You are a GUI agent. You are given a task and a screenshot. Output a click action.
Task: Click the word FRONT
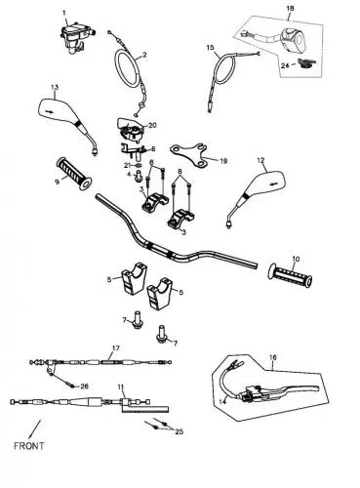[x=28, y=446]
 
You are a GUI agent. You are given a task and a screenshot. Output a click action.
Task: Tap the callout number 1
[x=64, y=13]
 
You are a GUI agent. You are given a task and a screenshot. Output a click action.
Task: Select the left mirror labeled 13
[x=67, y=124]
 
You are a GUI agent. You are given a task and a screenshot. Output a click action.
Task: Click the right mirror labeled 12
[x=256, y=194]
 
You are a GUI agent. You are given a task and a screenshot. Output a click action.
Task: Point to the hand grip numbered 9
[x=74, y=174]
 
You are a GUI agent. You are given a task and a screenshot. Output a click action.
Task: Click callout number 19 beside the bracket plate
[x=223, y=161]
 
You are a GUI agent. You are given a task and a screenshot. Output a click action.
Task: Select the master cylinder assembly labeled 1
[x=76, y=37]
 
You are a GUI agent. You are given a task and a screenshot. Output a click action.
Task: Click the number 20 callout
[x=152, y=125]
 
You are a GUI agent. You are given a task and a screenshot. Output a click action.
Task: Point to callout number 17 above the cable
[x=116, y=348]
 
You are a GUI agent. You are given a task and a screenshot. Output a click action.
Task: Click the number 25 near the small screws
[x=179, y=431]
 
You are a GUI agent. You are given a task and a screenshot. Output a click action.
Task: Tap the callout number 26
[x=84, y=386]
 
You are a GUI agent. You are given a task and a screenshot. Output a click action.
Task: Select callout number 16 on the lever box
[x=273, y=357]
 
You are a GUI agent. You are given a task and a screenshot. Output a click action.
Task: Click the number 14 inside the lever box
[x=222, y=402]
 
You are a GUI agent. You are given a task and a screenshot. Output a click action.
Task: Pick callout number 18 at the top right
[x=290, y=8]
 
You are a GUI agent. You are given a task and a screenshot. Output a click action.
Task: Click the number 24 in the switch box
[x=285, y=65]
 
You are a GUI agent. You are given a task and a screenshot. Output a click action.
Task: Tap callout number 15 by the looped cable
[x=211, y=48]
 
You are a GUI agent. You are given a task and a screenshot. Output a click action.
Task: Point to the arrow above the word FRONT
[x=35, y=428]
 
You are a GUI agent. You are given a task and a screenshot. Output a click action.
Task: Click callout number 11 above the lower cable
[x=121, y=387]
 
